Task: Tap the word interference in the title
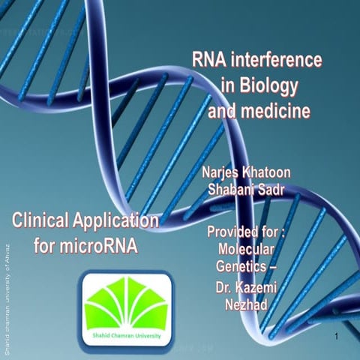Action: click(276, 60)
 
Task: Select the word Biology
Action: click(268, 86)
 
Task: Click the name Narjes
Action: click(226, 172)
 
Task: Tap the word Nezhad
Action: click(247, 304)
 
